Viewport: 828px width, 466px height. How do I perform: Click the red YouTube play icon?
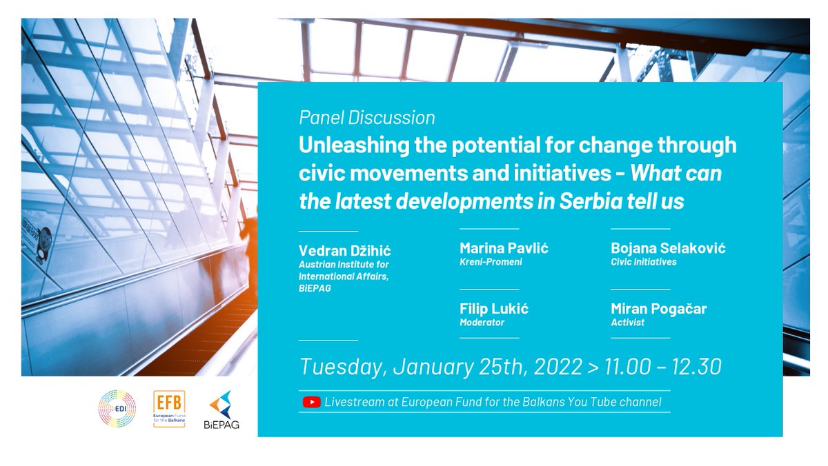311,402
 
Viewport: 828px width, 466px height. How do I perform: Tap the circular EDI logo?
117,409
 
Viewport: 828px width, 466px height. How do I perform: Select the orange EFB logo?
169,409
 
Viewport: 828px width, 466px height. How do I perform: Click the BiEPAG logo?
222,410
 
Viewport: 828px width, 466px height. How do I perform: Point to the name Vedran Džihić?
345,250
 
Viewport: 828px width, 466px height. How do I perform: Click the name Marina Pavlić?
504,248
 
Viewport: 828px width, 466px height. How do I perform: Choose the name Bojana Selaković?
668,248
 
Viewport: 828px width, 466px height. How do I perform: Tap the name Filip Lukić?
494,309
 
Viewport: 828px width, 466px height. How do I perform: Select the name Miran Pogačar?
659,309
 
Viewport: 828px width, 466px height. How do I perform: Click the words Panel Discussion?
367,118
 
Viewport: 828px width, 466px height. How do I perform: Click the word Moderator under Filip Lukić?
482,322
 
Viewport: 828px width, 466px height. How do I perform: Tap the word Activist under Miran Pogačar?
628,322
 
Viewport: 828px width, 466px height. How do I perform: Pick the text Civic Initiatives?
644,262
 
